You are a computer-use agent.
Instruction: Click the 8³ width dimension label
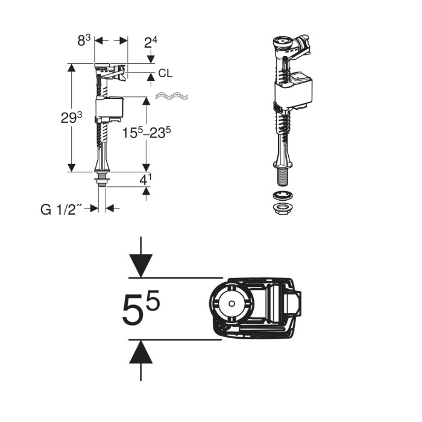tap(84, 40)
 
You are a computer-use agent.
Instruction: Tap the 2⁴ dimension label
tap(151, 42)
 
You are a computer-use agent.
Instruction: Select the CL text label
tap(165, 73)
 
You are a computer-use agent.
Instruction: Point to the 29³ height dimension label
tap(71, 118)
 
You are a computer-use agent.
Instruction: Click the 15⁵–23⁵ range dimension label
tap(146, 132)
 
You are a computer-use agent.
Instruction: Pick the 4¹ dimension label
tap(146, 180)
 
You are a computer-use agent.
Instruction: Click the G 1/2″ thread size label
tap(61, 210)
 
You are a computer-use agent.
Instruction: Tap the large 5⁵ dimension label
tap(140, 307)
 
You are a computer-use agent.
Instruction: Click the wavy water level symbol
tap(172, 96)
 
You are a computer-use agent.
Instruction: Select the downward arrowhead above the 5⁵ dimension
tap(140, 266)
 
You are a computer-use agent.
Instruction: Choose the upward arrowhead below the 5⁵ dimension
tap(140, 351)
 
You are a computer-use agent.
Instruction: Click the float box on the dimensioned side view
tap(110, 107)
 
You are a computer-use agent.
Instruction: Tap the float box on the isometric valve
tap(293, 90)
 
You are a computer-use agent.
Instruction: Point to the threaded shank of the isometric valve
tap(283, 176)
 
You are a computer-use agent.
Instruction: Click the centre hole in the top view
tap(231, 304)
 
